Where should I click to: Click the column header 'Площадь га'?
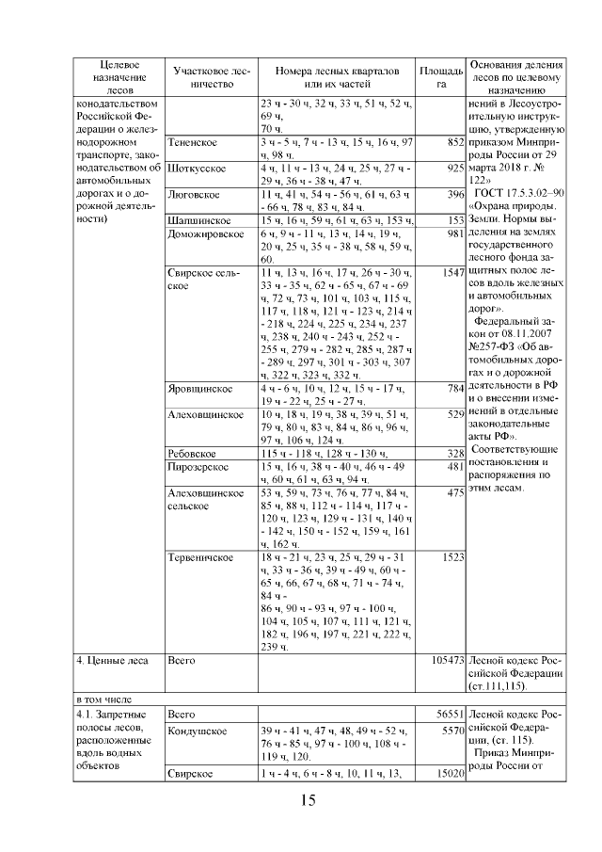point(440,77)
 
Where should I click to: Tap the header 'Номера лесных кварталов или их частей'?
point(337,77)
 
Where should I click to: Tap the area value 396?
point(456,194)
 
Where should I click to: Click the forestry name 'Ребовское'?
point(193,453)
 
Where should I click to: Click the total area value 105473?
point(446,662)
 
